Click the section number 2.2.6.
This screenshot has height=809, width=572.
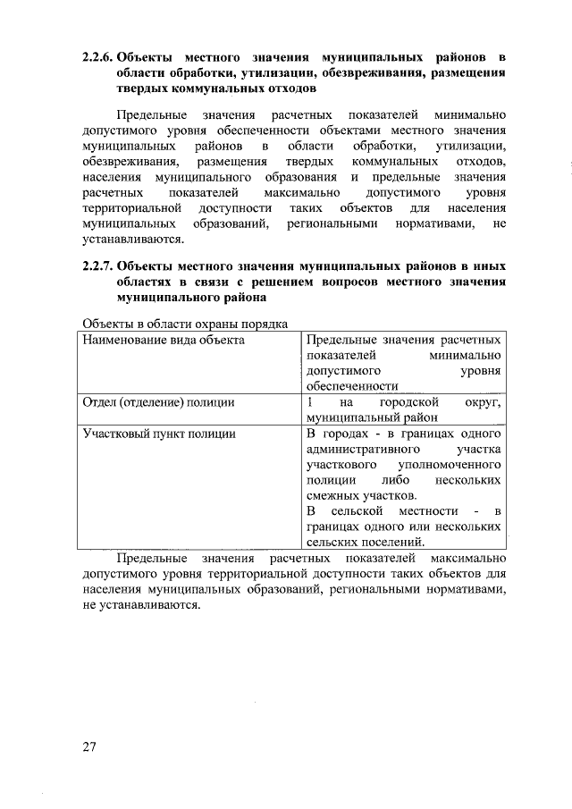point(97,56)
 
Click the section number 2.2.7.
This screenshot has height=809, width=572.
point(97,266)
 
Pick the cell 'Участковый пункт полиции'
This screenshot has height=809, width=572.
point(158,433)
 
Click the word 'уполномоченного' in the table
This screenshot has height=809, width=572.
point(445,464)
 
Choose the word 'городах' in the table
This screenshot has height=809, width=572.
point(344,433)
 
